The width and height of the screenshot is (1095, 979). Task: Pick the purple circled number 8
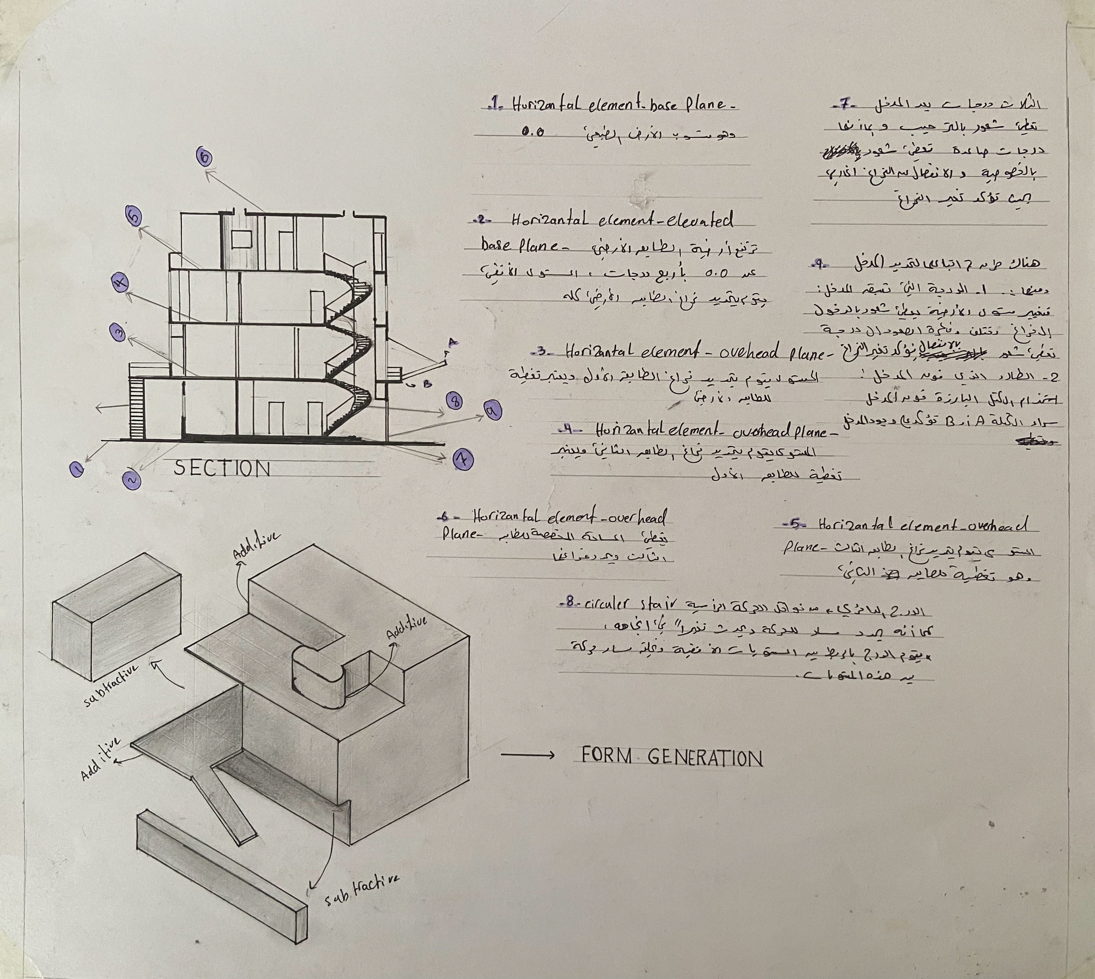click(454, 401)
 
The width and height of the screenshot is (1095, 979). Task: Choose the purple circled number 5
click(134, 217)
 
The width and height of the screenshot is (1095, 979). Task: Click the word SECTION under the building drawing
click(222, 469)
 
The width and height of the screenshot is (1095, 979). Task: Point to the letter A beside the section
click(452, 342)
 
